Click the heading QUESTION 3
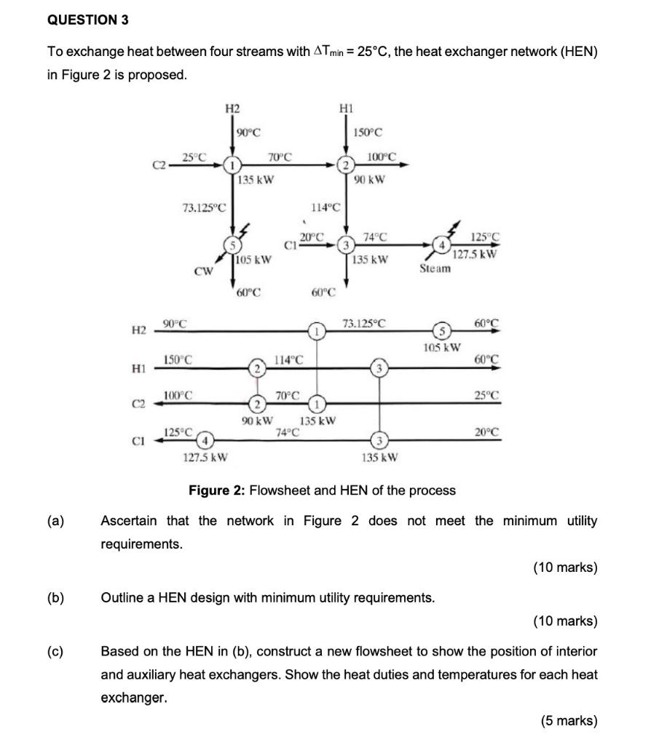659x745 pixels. [x=87, y=20]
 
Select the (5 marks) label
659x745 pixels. [x=568, y=721]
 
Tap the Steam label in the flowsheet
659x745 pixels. [x=435, y=268]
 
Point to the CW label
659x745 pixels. [x=202, y=272]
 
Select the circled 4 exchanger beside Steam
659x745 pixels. [x=439, y=245]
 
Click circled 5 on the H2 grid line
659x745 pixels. [x=439, y=332]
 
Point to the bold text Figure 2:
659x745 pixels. [x=217, y=490]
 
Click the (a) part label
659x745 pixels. [x=55, y=521]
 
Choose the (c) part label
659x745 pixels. [x=55, y=651]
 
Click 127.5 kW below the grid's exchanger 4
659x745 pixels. [x=206, y=458]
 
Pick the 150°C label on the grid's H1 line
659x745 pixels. [x=178, y=359]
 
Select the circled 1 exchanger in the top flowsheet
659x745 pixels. [x=232, y=165]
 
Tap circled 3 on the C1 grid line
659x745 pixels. [x=379, y=441]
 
